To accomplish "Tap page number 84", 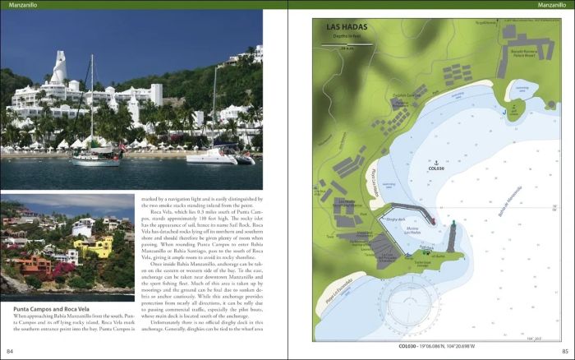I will (11, 352).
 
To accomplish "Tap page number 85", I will (564, 352).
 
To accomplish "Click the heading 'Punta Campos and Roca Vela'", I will (51, 309).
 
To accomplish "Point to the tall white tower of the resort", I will (60, 70).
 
